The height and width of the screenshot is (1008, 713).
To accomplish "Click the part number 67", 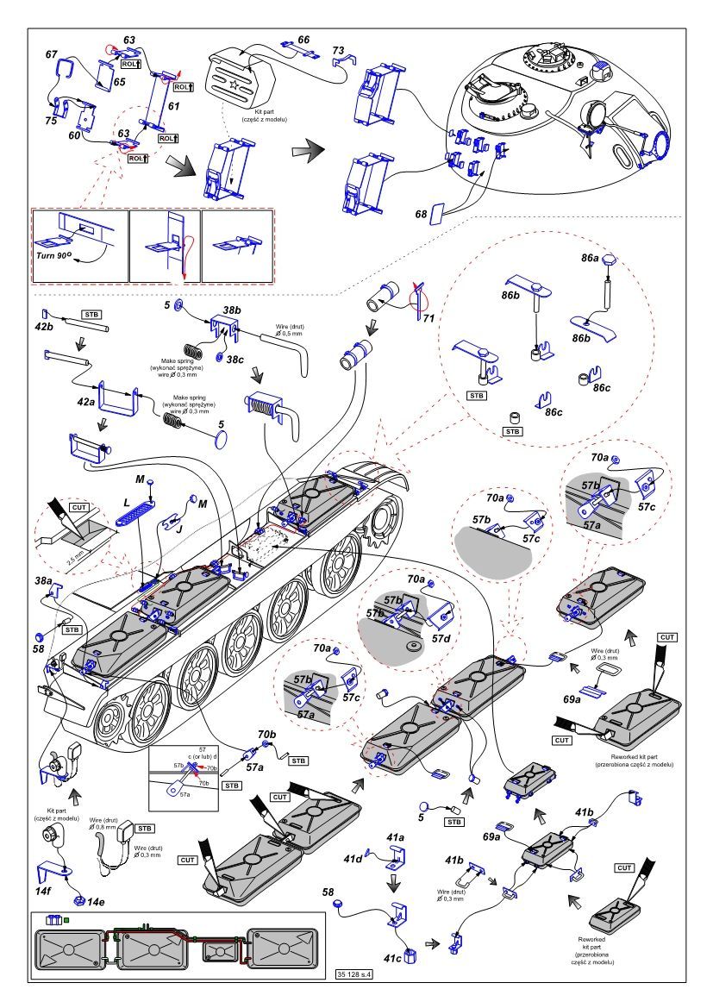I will [51, 54].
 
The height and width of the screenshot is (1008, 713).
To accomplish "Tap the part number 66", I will [303, 40].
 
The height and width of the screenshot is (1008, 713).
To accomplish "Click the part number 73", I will [338, 50].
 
